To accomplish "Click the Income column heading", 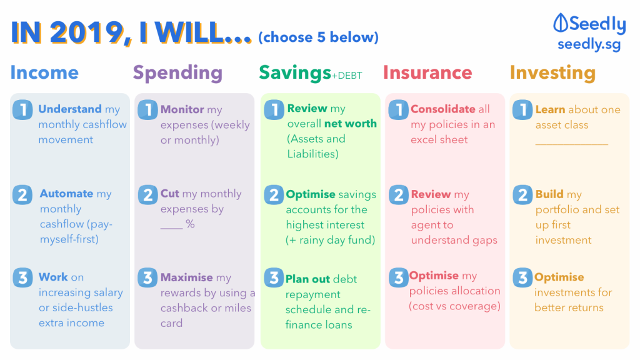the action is pyautogui.click(x=44, y=72).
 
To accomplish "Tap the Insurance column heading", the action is pyautogui.click(x=427, y=72).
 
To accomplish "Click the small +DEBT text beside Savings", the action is pyautogui.click(x=346, y=76).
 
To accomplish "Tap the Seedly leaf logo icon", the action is pyautogui.click(x=561, y=22).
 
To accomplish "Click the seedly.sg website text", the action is pyautogui.click(x=589, y=44).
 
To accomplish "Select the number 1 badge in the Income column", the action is pyautogui.click(x=22, y=109).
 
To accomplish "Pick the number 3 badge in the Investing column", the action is pyautogui.click(x=522, y=277).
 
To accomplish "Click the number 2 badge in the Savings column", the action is pyautogui.click(x=274, y=195).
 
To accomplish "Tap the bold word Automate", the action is pyautogui.click(x=66, y=194).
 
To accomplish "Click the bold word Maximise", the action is pyautogui.click(x=187, y=277).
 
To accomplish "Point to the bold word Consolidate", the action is pyautogui.click(x=443, y=109).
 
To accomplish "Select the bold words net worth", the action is pyautogui.click(x=350, y=124).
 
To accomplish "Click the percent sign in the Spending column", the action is pyautogui.click(x=190, y=224).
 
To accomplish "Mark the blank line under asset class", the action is pyautogui.click(x=571, y=144).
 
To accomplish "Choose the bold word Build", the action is pyautogui.click(x=549, y=194).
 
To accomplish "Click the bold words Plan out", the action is pyautogui.click(x=307, y=279).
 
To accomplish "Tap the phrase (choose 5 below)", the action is pyautogui.click(x=318, y=37).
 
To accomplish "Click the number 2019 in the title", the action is pyautogui.click(x=86, y=32).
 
